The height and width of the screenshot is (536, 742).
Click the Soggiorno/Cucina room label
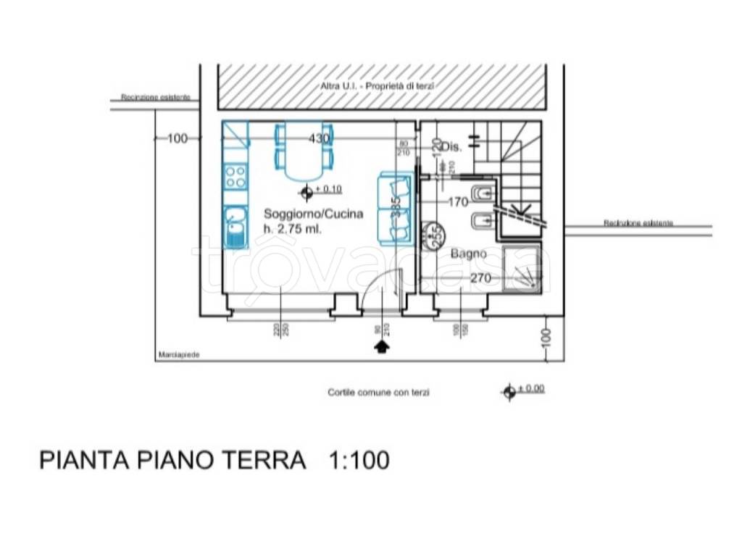pos(313,214)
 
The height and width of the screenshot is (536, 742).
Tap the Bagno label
pos(468,254)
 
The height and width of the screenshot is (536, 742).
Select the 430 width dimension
pos(320,138)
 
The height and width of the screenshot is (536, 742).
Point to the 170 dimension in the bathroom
pos(457,202)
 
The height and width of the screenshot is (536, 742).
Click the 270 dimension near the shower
pos(481,277)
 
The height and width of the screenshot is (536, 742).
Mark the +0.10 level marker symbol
pos(307,192)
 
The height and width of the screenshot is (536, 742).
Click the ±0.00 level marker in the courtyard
pos(509,391)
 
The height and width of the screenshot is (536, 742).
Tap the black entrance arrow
pos(381,347)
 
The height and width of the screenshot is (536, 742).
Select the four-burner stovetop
pos(235,175)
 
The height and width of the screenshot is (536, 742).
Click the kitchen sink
pos(234,225)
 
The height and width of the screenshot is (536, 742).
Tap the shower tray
pos(522,269)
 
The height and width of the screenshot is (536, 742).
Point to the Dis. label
pos(451,147)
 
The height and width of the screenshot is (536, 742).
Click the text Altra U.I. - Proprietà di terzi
pos(378,86)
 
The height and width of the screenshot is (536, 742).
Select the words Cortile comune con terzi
pos(378,393)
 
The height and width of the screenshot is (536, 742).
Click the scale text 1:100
pos(359,460)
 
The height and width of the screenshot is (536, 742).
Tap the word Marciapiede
pos(178,356)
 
